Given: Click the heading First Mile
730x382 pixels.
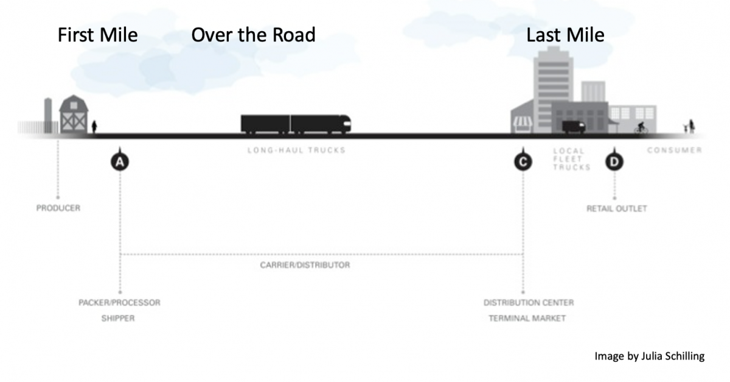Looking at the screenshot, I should [x=97, y=35].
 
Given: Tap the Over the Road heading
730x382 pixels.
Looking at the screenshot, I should [x=253, y=35].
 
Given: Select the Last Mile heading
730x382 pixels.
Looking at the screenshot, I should [x=565, y=35].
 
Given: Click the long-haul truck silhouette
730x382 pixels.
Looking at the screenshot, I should [x=296, y=124].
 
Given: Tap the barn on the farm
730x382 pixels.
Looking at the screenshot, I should [x=74, y=115].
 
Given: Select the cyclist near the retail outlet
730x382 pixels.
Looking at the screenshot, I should [x=641, y=129].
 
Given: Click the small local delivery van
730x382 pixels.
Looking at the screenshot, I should [x=573, y=127].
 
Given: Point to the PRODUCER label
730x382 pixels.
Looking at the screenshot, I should [x=58, y=208].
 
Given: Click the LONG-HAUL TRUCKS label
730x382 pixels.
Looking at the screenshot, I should [x=296, y=150].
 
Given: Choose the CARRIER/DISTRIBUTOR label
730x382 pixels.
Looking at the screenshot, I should [x=305, y=266].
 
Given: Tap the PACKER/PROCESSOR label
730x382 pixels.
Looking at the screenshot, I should [x=119, y=303].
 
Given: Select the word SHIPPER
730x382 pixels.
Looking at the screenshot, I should [x=118, y=319].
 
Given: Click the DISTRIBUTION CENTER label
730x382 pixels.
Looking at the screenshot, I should [x=528, y=303].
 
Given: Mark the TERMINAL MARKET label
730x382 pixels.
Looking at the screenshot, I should [x=527, y=319].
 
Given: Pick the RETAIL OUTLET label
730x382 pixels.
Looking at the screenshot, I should [x=616, y=209].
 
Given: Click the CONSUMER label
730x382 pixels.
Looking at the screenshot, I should [x=674, y=150].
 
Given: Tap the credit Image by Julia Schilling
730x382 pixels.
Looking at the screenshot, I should [x=649, y=356].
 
